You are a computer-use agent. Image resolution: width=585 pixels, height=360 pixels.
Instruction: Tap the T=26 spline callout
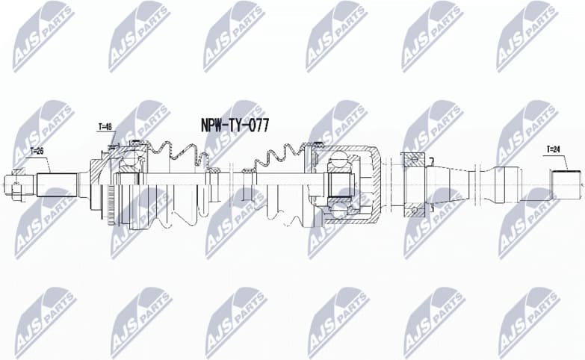[37, 152]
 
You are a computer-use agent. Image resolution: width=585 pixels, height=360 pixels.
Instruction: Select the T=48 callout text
[105, 127]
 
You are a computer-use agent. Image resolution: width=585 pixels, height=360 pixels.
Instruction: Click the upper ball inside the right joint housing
[339, 160]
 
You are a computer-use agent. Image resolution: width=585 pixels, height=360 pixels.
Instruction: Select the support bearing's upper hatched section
[412, 159]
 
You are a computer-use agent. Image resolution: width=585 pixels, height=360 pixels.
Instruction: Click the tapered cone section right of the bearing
[448, 181]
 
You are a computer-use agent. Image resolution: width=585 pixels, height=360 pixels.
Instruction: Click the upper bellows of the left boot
[176, 154]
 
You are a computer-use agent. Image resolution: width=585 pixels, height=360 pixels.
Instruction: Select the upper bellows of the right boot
[280, 157]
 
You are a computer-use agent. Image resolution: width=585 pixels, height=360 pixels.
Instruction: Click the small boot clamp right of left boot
[214, 173]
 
